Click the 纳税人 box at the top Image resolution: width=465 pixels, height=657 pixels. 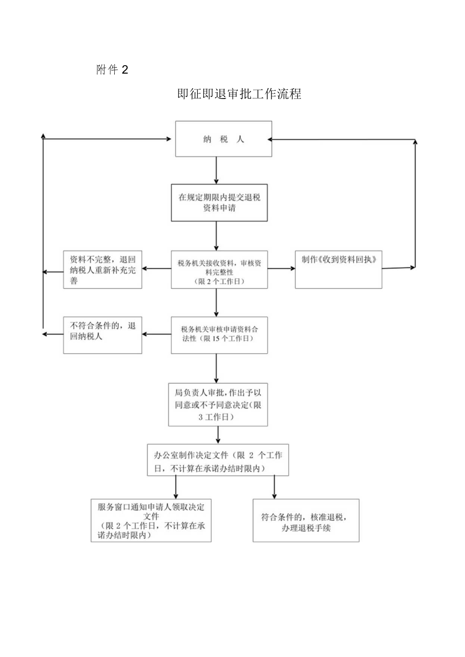[223, 139]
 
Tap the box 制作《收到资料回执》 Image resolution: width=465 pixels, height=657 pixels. [338, 269]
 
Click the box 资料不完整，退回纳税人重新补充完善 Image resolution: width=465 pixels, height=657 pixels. [103, 270]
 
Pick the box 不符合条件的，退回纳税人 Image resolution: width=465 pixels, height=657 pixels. [103, 335]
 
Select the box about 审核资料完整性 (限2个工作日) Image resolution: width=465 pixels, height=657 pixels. [219, 270]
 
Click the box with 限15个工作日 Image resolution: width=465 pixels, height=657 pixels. [219, 335]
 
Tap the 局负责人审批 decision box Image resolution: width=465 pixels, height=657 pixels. [218, 404]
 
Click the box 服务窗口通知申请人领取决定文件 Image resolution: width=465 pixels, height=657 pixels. [151, 520]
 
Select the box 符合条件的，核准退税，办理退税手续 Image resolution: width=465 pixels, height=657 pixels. [306, 521]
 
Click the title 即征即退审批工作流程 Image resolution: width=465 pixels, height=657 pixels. [240, 94]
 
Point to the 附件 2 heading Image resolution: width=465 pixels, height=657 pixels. [112, 70]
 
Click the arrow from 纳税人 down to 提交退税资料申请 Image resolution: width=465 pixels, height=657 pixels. [216, 170]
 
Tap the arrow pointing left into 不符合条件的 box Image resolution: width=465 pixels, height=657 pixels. [157, 334]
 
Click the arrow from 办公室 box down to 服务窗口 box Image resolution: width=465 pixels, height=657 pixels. [175, 487]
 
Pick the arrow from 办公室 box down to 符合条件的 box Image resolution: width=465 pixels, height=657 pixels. [274, 487]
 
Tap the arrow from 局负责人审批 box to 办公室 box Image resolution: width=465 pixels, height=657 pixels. [218, 434]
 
